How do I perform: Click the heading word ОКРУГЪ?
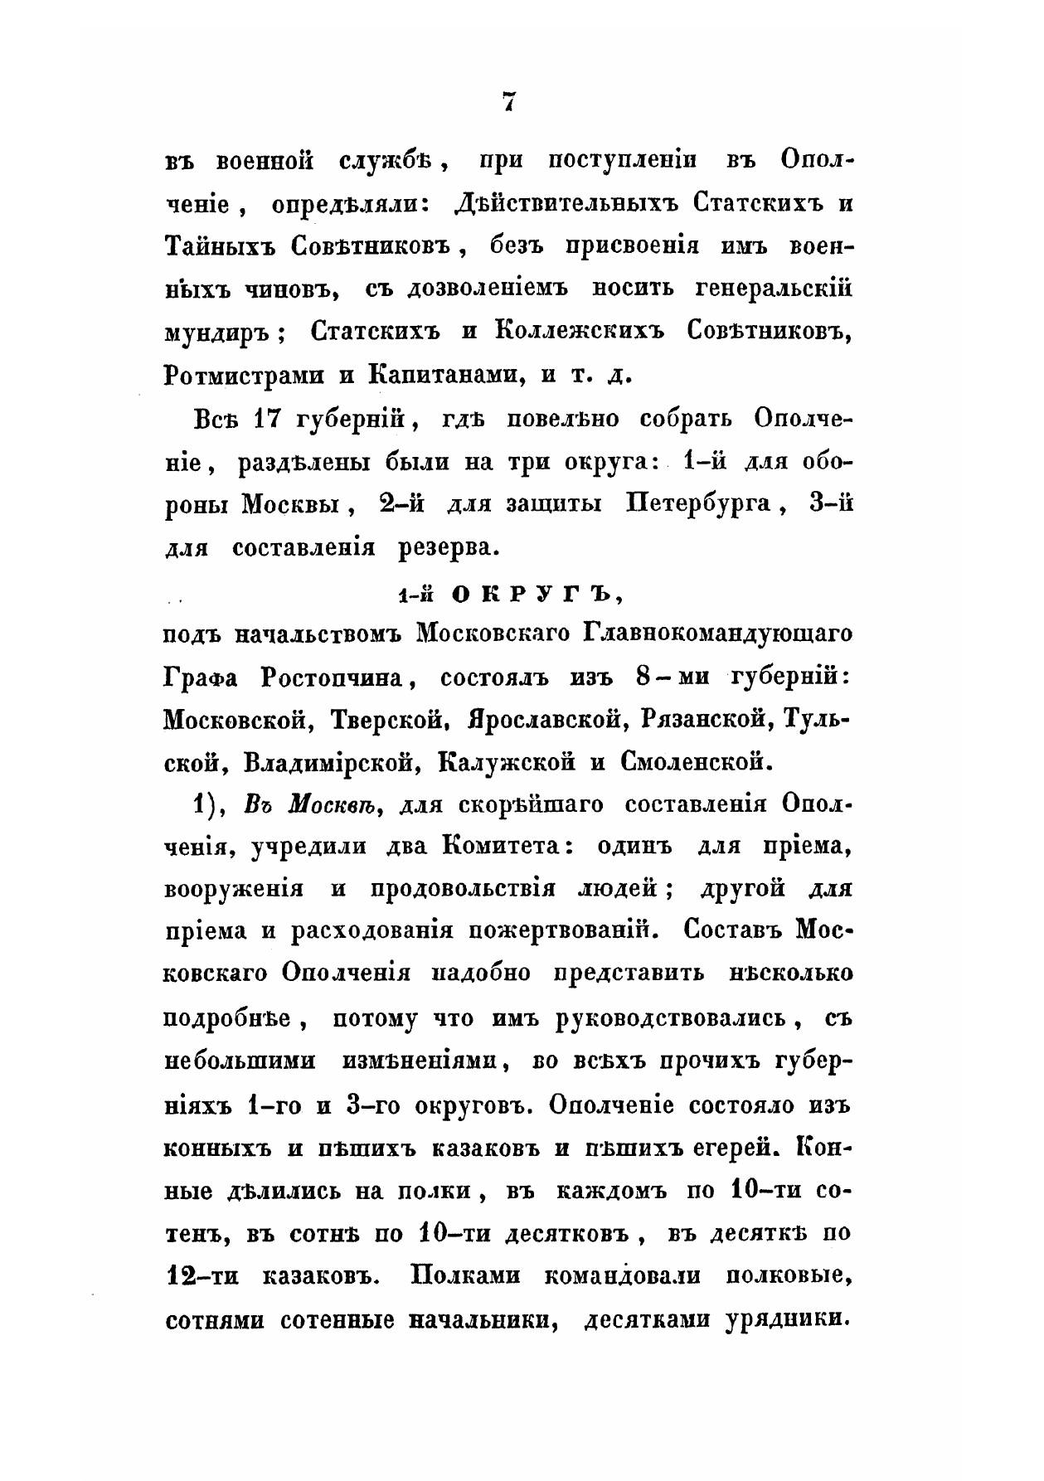535,593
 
